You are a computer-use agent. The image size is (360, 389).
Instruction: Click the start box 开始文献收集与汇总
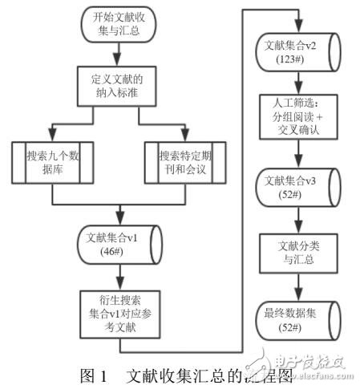coord(118,26)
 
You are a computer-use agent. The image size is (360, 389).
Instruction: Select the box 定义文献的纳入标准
coord(118,84)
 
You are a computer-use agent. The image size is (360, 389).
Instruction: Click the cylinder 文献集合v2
coord(297,51)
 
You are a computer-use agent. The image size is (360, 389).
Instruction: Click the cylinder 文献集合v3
coord(297,187)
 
